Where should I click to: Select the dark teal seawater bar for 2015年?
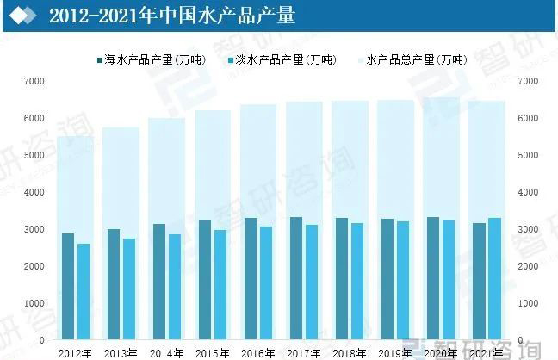205,281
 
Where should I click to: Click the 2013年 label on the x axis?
121,352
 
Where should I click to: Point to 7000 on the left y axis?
35,81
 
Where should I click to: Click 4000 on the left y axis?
35,192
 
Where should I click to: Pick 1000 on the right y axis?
528,304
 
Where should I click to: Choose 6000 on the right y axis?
528,118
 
